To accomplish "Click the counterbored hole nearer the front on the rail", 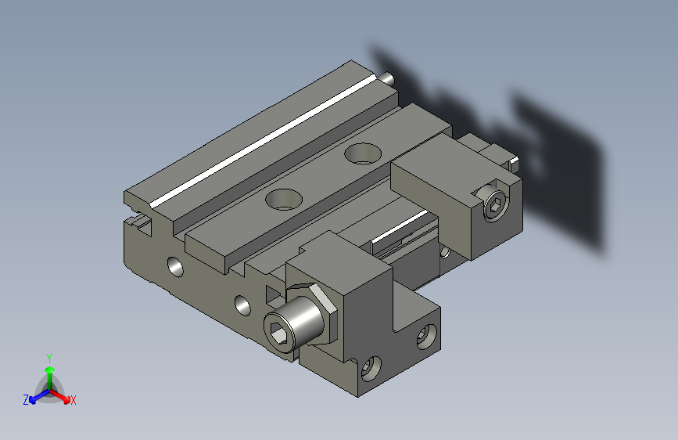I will [283, 198].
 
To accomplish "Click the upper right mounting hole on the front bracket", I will [425, 337].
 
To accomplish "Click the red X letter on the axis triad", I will [74, 401].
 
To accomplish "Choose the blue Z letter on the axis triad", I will [26, 400].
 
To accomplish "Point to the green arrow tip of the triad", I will [48, 368].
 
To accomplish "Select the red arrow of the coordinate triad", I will [63, 395].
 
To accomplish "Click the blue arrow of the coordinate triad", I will [35, 395].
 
